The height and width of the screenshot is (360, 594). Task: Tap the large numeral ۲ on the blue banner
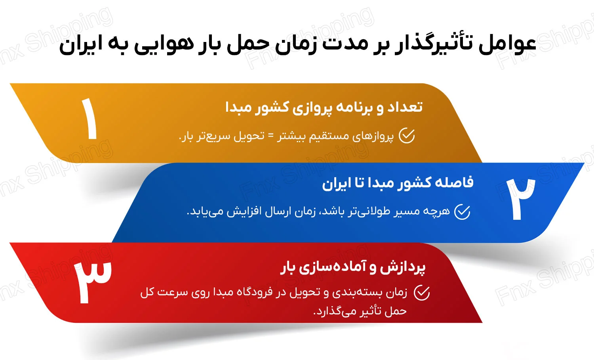click(x=520, y=199)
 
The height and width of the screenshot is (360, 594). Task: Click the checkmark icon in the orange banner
click(x=406, y=136)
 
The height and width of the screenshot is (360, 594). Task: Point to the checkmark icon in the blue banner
click(x=462, y=212)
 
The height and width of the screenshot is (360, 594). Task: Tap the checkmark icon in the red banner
click(x=422, y=293)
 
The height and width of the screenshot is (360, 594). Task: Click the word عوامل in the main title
click(x=508, y=44)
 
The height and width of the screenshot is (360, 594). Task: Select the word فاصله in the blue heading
click(x=454, y=183)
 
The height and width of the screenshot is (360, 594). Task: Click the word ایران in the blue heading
click(x=337, y=183)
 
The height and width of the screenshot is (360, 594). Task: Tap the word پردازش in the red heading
click(x=403, y=267)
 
